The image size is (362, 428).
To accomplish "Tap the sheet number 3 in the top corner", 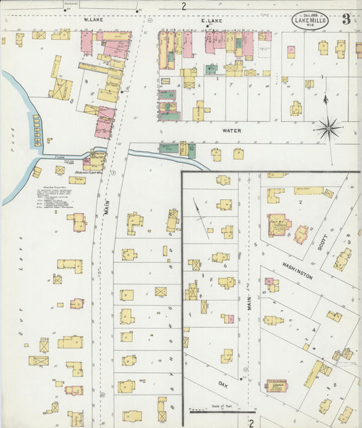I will click(x=346, y=19).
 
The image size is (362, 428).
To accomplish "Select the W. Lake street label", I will click(x=92, y=21).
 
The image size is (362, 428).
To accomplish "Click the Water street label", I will click(x=231, y=129).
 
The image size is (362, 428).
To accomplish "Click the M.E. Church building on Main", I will click(x=280, y=225).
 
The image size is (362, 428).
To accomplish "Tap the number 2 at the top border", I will click(x=183, y=6).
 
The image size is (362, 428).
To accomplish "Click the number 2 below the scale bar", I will click(x=251, y=423).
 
